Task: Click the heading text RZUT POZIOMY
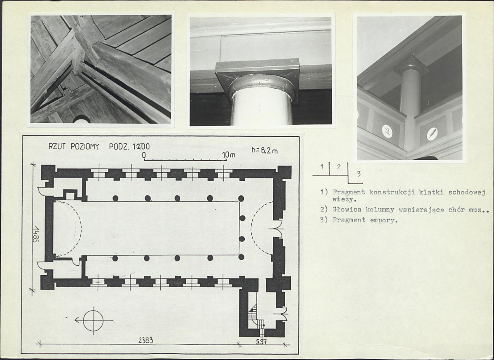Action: [74, 147]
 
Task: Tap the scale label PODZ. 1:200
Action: [129, 147]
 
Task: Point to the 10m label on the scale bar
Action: [229, 155]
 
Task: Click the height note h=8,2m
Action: [265, 150]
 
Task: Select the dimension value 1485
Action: [35, 234]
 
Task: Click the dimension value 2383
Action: [145, 340]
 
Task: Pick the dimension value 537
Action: [261, 341]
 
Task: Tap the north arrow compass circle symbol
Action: [93, 320]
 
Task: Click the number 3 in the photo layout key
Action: [358, 173]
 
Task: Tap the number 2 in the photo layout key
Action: [339, 167]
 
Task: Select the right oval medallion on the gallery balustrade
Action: [432, 134]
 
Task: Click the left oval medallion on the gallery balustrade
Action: [387, 131]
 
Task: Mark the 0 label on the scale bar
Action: [144, 155]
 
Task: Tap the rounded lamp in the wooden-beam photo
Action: [81, 119]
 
